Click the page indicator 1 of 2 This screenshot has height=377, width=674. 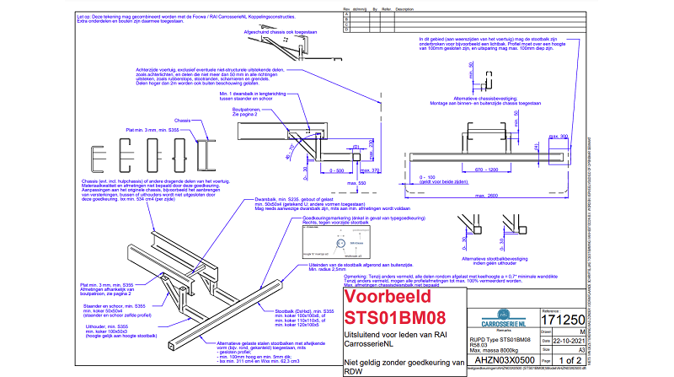click(564, 360)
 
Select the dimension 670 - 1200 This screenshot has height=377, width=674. click(496, 169)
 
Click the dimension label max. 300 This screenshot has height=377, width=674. click(558, 136)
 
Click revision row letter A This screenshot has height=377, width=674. click(342, 15)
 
